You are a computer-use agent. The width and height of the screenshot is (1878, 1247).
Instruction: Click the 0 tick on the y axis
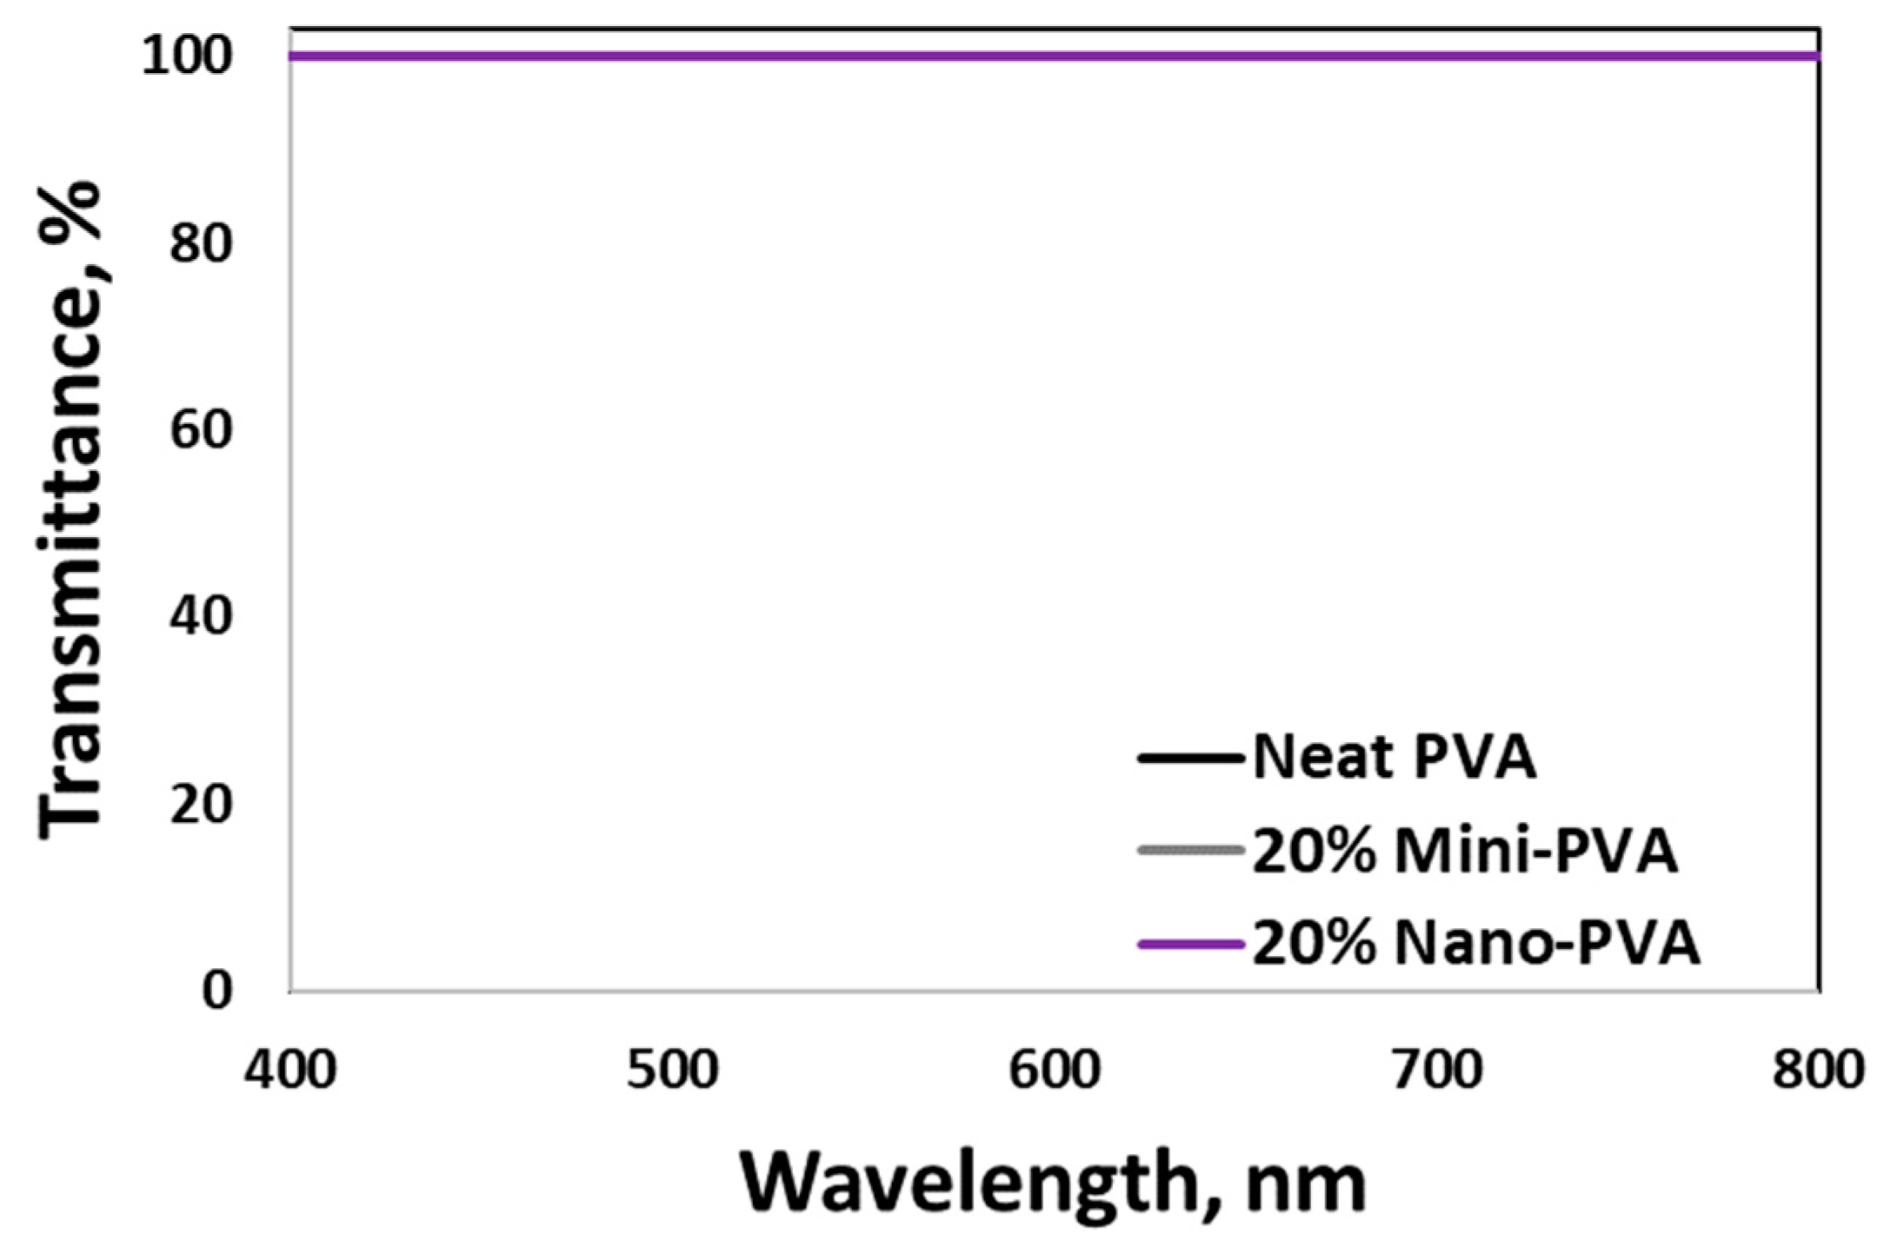pos(217,991)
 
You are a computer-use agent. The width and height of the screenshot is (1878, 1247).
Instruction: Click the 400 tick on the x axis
pos(290,1071)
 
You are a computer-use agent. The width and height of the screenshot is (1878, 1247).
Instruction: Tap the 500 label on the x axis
pos(672,1071)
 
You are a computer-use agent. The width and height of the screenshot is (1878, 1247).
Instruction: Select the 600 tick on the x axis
pos(1055,1071)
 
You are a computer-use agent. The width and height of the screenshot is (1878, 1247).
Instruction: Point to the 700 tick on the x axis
pos(1436,1071)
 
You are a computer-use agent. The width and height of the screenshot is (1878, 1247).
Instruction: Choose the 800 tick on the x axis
pos(1819,1071)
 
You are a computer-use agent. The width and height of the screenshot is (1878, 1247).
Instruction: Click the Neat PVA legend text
pos(1394,758)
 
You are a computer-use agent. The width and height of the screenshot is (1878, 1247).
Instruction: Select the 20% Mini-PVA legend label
pos(1464,852)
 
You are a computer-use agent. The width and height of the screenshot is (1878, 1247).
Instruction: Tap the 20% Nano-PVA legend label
pos(1475,944)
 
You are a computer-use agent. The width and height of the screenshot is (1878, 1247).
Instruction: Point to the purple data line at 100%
pos(1043,56)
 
